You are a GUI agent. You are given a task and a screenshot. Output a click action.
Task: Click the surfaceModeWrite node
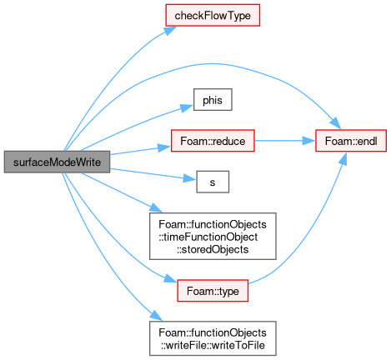tap(57, 162)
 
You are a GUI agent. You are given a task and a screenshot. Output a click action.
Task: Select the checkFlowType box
tap(213, 15)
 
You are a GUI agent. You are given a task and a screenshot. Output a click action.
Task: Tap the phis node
tap(213, 100)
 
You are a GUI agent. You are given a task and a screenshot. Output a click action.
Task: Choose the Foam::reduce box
tap(213, 141)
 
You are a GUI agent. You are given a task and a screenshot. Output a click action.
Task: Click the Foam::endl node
tap(351, 141)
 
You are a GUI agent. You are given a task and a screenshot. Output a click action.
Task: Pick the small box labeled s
tap(213, 182)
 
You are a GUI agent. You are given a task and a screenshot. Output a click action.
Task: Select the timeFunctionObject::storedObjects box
tap(213, 237)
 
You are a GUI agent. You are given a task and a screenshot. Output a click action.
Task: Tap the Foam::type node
tap(213, 291)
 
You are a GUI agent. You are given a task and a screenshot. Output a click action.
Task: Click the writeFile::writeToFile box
tap(213, 338)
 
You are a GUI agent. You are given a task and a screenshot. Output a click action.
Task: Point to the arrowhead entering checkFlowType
tap(170, 30)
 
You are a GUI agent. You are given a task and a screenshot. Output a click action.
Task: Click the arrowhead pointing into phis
tap(187, 107)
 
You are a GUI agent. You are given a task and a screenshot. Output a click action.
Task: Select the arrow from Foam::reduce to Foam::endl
tap(285, 141)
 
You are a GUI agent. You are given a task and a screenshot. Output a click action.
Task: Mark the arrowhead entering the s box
tap(190, 179)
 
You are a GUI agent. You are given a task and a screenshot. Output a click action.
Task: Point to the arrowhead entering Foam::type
tap(171, 278)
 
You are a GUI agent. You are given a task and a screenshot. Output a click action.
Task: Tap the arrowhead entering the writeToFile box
tap(156, 316)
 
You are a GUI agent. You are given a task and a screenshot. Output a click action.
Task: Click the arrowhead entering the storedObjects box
tap(156, 208)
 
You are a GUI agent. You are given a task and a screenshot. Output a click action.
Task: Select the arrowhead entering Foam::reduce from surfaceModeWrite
tap(164, 147)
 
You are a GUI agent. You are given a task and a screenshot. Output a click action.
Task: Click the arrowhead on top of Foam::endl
tap(336, 123)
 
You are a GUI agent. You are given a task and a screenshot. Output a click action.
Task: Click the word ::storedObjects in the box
tap(213, 249)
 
